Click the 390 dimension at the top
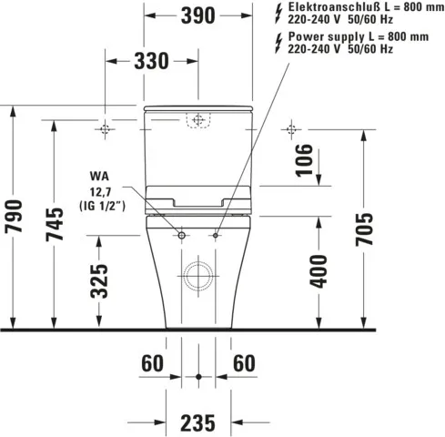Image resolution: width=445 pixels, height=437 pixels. tap(197, 15)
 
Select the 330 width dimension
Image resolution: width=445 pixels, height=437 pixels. tap(151, 61)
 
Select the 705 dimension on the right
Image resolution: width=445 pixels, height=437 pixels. tap(365, 231)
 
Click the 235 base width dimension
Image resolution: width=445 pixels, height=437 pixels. tap(198, 422)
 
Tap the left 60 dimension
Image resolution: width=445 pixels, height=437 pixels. tap(152, 363)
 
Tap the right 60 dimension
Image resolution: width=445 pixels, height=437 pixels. tap(244, 363)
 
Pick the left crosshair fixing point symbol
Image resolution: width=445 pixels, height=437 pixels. tap(106, 128)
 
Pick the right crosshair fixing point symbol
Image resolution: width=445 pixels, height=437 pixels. tap(291, 128)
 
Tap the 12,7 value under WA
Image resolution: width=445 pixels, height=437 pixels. tap(102, 190)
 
